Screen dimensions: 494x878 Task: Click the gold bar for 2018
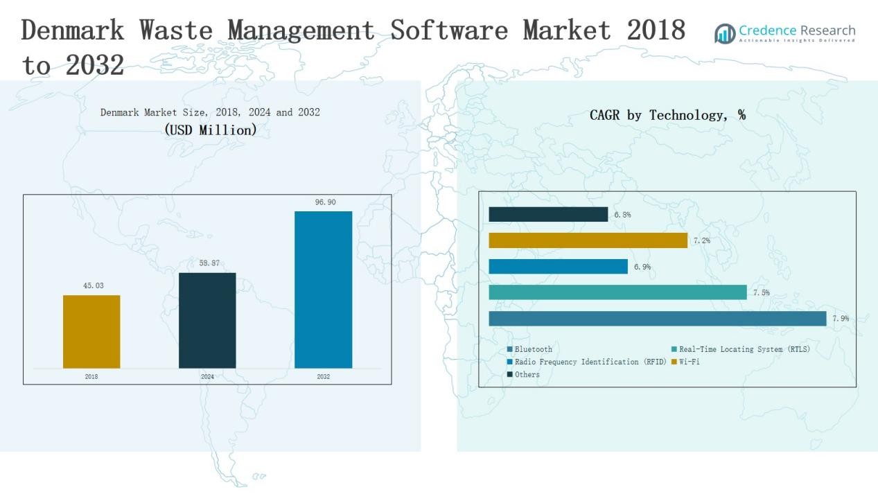point(91,332)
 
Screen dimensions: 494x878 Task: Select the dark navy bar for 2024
point(207,320)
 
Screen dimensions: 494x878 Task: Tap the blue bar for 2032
point(323,290)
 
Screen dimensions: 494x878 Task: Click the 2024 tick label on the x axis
point(207,377)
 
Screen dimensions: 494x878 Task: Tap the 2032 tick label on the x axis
point(323,377)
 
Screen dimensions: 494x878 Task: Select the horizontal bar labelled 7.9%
point(657,319)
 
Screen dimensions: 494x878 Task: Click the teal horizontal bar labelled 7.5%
point(617,292)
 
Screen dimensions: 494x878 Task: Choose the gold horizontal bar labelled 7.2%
point(588,240)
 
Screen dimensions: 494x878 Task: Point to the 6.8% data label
point(622,215)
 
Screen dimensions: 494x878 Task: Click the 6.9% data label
point(642,267)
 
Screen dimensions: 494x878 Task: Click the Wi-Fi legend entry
point(689,362)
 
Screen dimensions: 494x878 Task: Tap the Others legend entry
point(527,375)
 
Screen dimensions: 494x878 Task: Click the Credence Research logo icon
point(725,33)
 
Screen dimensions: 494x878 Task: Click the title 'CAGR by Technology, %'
point(667,116)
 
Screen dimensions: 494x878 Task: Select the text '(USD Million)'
point(211,130)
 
